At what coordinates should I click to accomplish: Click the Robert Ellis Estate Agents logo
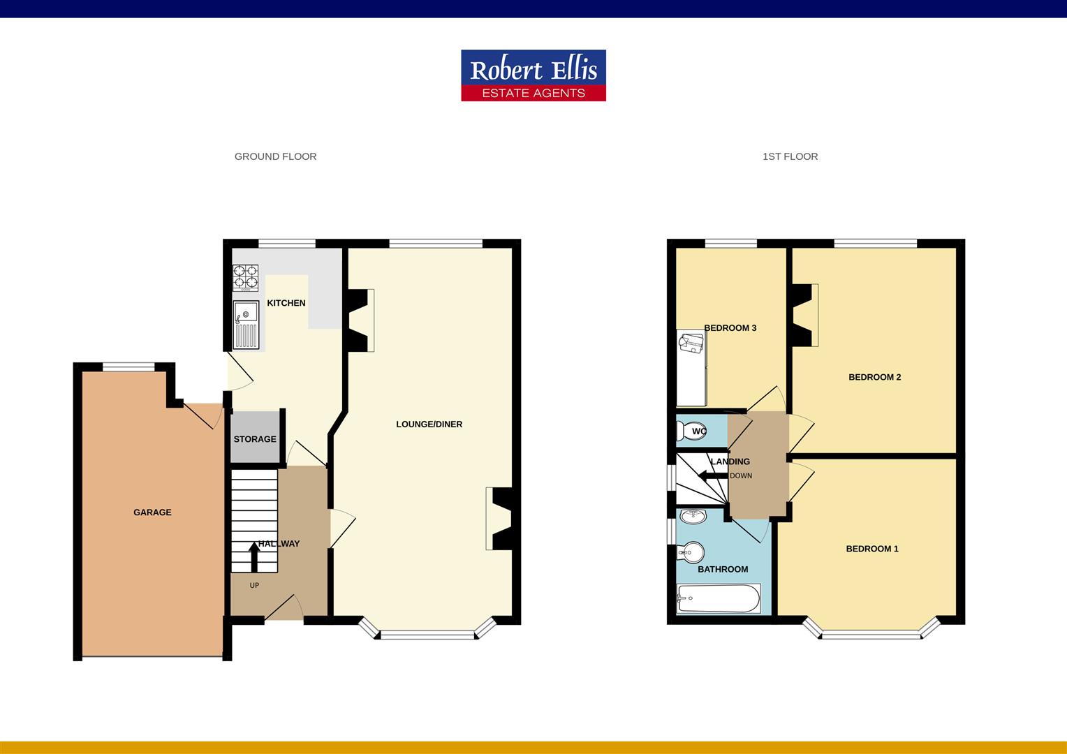tap(533, 75)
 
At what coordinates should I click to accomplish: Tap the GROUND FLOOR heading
tap(275, 156)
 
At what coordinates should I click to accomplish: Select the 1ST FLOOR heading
tap(790, 156)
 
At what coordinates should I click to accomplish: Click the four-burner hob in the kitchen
tap(245, 278)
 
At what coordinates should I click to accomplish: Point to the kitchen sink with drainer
tap(246, 325)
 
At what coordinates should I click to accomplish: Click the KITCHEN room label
tap(286, 303)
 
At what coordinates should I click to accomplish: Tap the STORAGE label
tap(255, 439)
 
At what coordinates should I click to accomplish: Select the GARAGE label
tap(152, 512)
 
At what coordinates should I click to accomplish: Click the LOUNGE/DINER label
tap(429, 424)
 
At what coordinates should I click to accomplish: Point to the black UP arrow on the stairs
tap(254, 557)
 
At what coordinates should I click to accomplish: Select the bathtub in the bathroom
tap(719, 599)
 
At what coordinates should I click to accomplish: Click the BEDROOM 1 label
tap(872, 549)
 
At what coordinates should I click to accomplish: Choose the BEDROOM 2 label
tap(875, 377)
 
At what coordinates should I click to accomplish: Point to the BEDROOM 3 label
tap(730, 327)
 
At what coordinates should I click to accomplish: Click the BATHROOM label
tap(723, 569)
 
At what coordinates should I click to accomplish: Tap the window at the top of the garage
tap(128, 367)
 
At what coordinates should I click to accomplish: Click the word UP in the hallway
tap(254, 585)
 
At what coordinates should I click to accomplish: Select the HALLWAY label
tap(279, 543)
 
